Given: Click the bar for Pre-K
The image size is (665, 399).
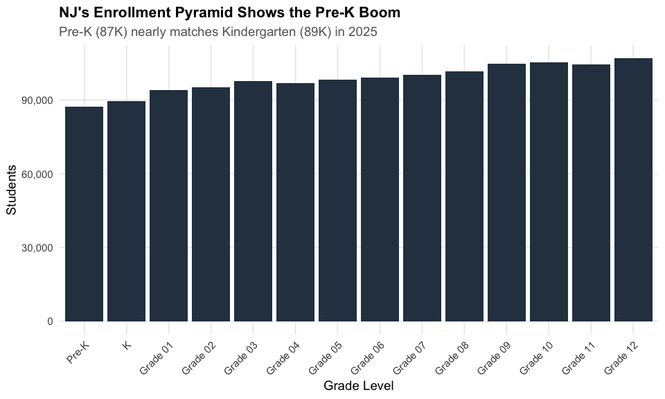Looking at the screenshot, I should pyautogui.click(x=84, y=214).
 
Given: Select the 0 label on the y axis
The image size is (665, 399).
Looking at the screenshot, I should pyautogui.click(x=50, y=321).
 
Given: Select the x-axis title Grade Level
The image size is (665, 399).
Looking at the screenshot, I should pyautogui.click(x=358, y=385).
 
